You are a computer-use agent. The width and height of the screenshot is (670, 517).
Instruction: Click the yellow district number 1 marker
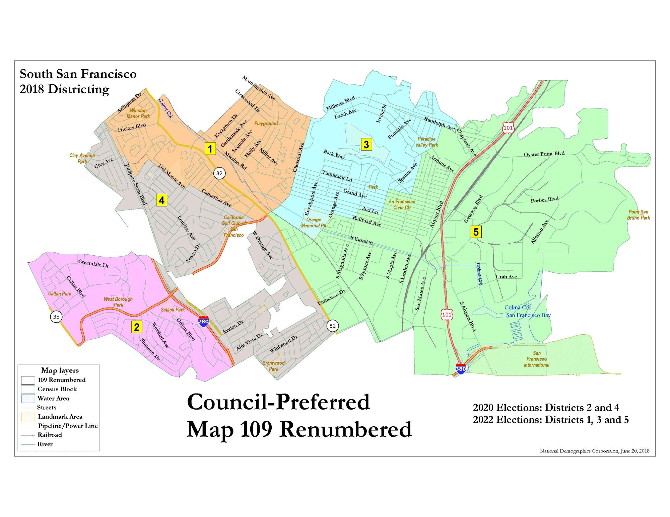point(210,148)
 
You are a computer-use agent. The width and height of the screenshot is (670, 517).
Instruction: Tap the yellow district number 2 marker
point(136,327)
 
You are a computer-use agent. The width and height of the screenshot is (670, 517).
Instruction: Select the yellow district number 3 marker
point(366,145)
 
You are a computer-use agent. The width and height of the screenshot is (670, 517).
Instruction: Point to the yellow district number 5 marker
point(476,232)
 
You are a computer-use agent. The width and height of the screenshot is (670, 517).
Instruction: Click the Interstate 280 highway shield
point(203,321)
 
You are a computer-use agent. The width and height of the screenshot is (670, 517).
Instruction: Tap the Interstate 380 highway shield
point(461,368)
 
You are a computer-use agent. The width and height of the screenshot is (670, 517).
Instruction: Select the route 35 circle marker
point(56,317)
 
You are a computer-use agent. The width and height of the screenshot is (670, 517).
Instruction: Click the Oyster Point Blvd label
point(544,154)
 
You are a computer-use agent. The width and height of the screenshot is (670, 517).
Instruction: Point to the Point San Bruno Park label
point(638,215)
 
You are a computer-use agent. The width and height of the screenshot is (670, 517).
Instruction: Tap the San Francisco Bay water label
point(528,315)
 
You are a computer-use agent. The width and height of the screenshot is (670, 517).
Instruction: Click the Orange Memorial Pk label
point(314,223)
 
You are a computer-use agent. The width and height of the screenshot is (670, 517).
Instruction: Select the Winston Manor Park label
point(138,113)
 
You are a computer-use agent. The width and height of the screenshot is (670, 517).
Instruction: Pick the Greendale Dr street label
point(93,263)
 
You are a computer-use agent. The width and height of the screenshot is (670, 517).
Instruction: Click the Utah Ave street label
point(506,277)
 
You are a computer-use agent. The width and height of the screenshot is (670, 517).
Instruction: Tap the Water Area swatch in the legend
point(28,399)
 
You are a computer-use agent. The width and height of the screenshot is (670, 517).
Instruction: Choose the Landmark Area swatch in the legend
point(28,417)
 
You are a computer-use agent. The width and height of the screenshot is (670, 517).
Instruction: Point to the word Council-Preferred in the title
point(278,402)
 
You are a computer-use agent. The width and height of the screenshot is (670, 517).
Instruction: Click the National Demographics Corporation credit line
point(594,451)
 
